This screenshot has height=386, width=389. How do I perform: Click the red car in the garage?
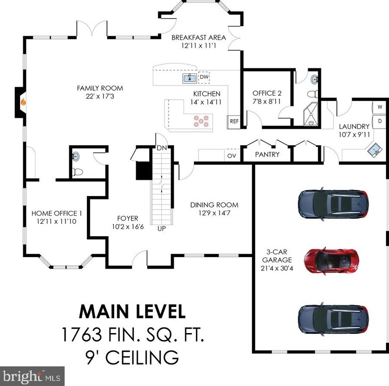(332, 260)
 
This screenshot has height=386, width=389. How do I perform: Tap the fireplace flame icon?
(23, 102)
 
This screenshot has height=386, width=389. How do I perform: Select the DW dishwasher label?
(204, 77)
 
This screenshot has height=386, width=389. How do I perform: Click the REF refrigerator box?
(234, 122)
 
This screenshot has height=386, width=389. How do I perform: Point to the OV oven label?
(232, 156)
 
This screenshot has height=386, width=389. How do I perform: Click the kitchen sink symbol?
(190, 79)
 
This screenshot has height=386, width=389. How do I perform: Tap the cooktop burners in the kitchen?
(201, 121)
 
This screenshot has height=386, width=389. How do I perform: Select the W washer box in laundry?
(380, 107)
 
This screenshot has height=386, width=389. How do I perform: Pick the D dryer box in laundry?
(380, 122)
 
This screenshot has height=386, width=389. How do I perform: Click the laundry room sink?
(374, 149)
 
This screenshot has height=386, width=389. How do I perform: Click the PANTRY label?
(267, 155)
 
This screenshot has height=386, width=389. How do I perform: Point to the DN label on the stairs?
(162, 148)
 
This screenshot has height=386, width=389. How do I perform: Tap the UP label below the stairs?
(161, 228)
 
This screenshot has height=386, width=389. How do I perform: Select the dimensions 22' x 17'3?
(100, 96)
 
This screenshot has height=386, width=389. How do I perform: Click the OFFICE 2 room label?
(267, 94)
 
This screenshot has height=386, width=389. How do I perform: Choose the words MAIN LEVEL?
(132, 311)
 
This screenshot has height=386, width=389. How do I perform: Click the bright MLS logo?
(32, 376)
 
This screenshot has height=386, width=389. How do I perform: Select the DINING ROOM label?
(214, 205)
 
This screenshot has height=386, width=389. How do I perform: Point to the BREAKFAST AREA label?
(199, 38)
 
